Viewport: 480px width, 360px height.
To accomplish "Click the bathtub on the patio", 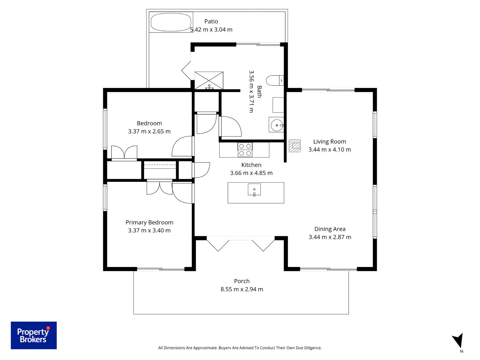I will (x=171, y=22).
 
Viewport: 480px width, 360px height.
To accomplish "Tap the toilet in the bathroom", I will (x=275, y=80).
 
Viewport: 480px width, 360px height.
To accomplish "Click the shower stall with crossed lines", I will (x=209, y=80).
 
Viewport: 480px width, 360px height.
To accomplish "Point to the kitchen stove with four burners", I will (x=245, y=150).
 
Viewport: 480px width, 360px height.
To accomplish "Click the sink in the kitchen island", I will (x=254, y=190).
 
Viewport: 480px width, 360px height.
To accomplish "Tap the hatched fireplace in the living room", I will (x=295, y=146).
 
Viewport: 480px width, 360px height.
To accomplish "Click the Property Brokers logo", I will (x=34, y=335).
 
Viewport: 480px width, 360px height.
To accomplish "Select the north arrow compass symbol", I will (x=458, y=342).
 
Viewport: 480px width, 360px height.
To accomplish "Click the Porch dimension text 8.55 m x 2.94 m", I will (x=242, y=289).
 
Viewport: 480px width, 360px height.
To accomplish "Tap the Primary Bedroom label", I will (x=149, y=222).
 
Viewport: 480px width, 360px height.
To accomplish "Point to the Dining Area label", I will (x=330, y=229).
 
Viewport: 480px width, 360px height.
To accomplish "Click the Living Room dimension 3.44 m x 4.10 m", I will (x=329, y=149).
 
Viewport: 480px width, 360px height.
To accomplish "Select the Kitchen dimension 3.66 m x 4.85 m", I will (x=251, y=173).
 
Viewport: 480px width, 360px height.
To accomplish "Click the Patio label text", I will (x=211, y=21).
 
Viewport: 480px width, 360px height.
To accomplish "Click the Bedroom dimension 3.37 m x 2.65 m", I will (x=149, y=131).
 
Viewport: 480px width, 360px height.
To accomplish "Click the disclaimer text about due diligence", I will (x=240, y=348).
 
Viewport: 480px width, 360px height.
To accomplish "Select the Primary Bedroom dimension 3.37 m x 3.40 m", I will (x=149, y=230).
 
